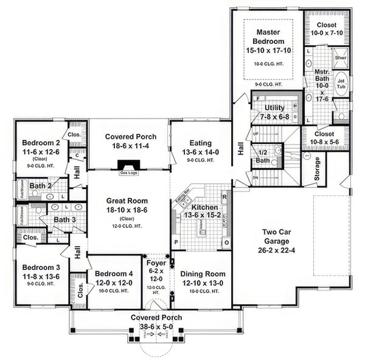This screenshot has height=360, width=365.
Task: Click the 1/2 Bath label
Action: click(263, 156)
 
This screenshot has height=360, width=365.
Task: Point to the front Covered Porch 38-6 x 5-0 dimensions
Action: click(156, 327)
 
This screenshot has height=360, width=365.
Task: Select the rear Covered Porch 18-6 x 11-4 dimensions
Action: click(128, 146)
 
